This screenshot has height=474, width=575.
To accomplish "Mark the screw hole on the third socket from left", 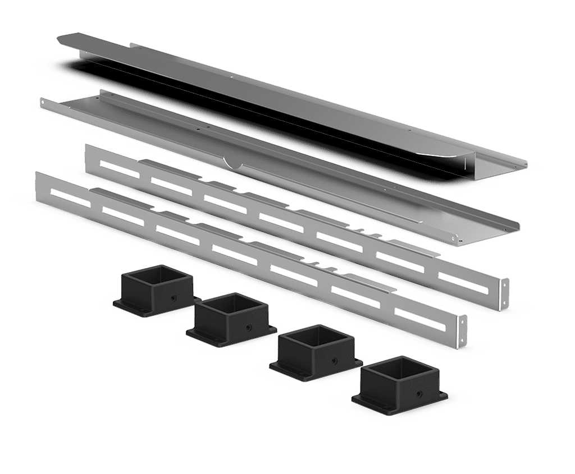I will [x=334, y=357].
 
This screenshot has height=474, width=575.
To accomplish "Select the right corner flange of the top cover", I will [x=519, y=163].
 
